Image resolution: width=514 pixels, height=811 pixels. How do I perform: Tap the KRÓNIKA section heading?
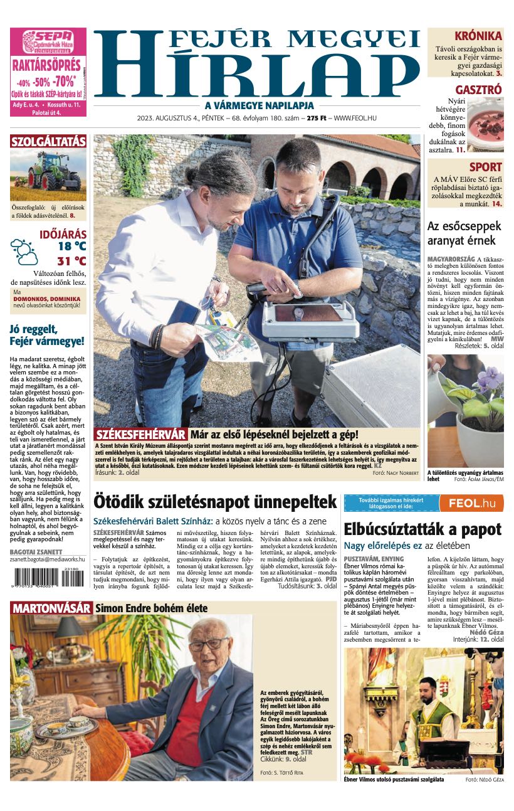[478, 36]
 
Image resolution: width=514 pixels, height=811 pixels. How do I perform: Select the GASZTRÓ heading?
[478, 90]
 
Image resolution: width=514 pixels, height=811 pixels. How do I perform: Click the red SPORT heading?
[486, 167]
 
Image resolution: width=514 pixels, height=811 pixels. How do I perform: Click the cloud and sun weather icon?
[24, 252]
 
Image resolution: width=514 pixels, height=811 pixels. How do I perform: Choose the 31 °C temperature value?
[71, 262]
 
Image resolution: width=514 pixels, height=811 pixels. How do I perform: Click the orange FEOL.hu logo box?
[471, 503]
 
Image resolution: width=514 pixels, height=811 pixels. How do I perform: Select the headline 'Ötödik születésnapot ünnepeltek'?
[215, 502]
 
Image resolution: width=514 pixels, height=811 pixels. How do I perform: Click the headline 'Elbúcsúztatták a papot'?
[422, 529]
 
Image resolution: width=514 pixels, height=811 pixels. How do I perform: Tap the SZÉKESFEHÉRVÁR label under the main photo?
[141, 434]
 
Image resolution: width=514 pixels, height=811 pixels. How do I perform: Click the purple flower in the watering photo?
[490, 379]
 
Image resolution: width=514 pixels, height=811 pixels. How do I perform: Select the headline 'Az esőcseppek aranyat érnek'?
[464, 233]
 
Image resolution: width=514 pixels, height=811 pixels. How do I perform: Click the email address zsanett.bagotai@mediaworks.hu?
[47, 559]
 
